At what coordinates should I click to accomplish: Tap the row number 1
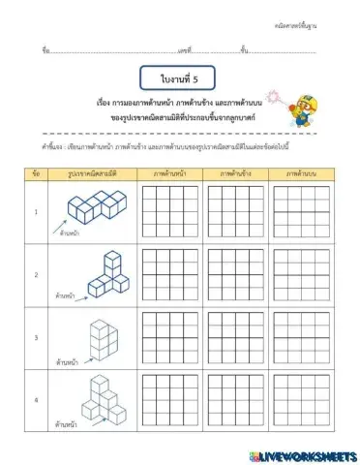[x=36, y=211]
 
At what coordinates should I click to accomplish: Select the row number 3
[x=36, y=338]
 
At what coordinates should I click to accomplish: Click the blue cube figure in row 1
[x=97, y=205]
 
